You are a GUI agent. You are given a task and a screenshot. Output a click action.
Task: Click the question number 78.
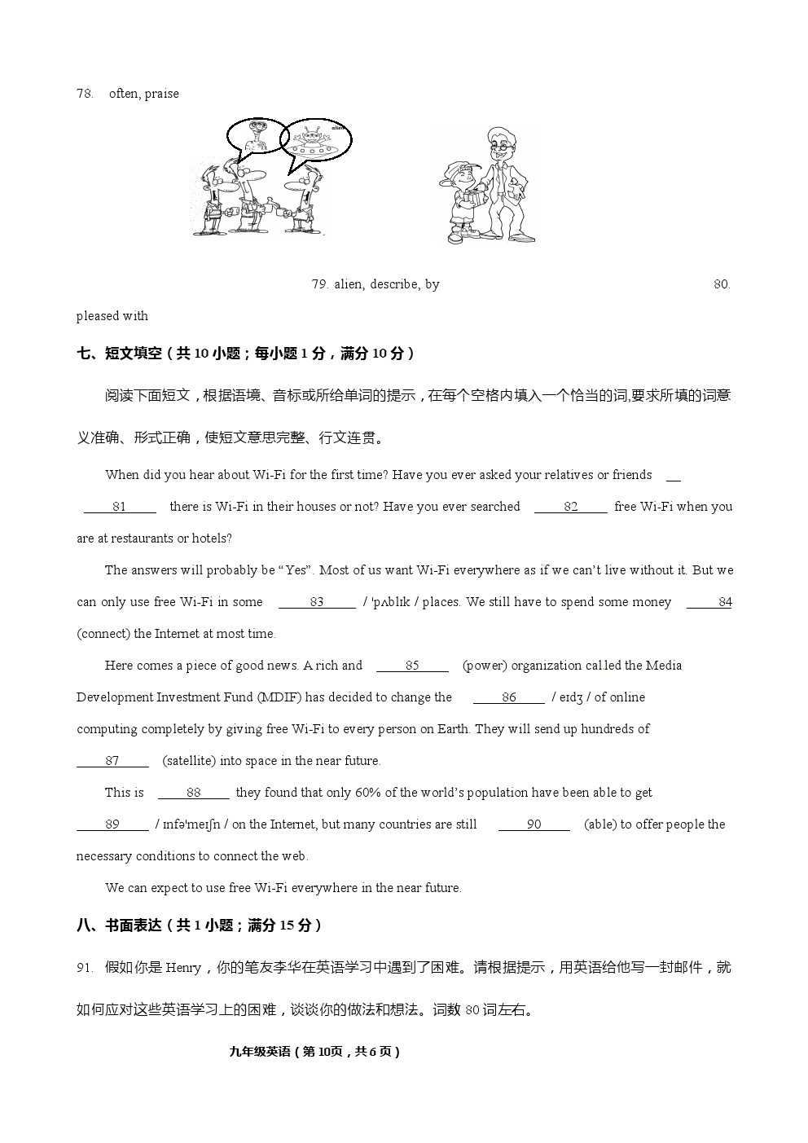[x=85, y=94]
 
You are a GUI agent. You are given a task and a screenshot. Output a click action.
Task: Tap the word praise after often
[x=162, y=94]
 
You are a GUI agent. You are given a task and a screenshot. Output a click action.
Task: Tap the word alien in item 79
[x=348, y=284]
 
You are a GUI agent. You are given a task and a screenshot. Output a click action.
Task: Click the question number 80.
[x=722, y=284]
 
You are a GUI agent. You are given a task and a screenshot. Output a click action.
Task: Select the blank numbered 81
[x=120, y=507]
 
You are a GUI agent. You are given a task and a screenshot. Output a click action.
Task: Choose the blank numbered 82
[x=570, y=507]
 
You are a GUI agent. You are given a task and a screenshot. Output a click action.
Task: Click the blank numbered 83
[x=317, y=602]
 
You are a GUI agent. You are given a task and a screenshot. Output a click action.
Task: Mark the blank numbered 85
[x=412, y=666]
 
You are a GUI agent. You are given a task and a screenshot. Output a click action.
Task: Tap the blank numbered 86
[x=509, y=697]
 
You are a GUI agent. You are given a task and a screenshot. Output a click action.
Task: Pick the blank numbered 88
[x=193, y=793]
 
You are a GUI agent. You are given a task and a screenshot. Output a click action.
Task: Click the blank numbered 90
[x=534, y=824]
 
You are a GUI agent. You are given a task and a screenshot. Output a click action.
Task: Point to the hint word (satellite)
[x=190, y=761]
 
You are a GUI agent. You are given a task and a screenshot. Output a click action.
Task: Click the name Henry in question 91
[x=183, y=968]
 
